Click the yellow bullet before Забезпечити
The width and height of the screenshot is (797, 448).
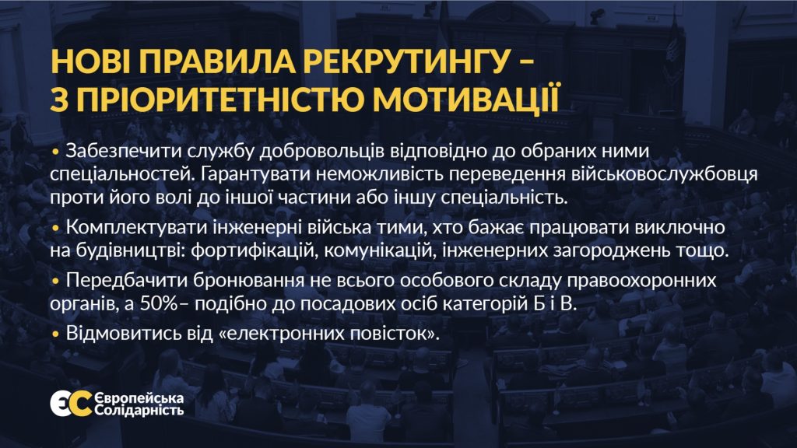pyautogui.click(x=55, y=152)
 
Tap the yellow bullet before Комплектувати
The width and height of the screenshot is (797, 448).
pyautogui.click(x=55, y=228)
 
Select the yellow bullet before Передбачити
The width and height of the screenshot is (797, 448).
pyautogui.click(x=55, y=281)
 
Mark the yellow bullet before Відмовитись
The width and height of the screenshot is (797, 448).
pyautogui.click(x=55, y=334)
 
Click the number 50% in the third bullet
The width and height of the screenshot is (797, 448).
pyautogui.click(x=159, y=304)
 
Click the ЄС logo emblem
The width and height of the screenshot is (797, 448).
pyautogui.click(x=71, y=404)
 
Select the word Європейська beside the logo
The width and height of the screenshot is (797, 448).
pyautogui.click(x=139, y=398)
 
